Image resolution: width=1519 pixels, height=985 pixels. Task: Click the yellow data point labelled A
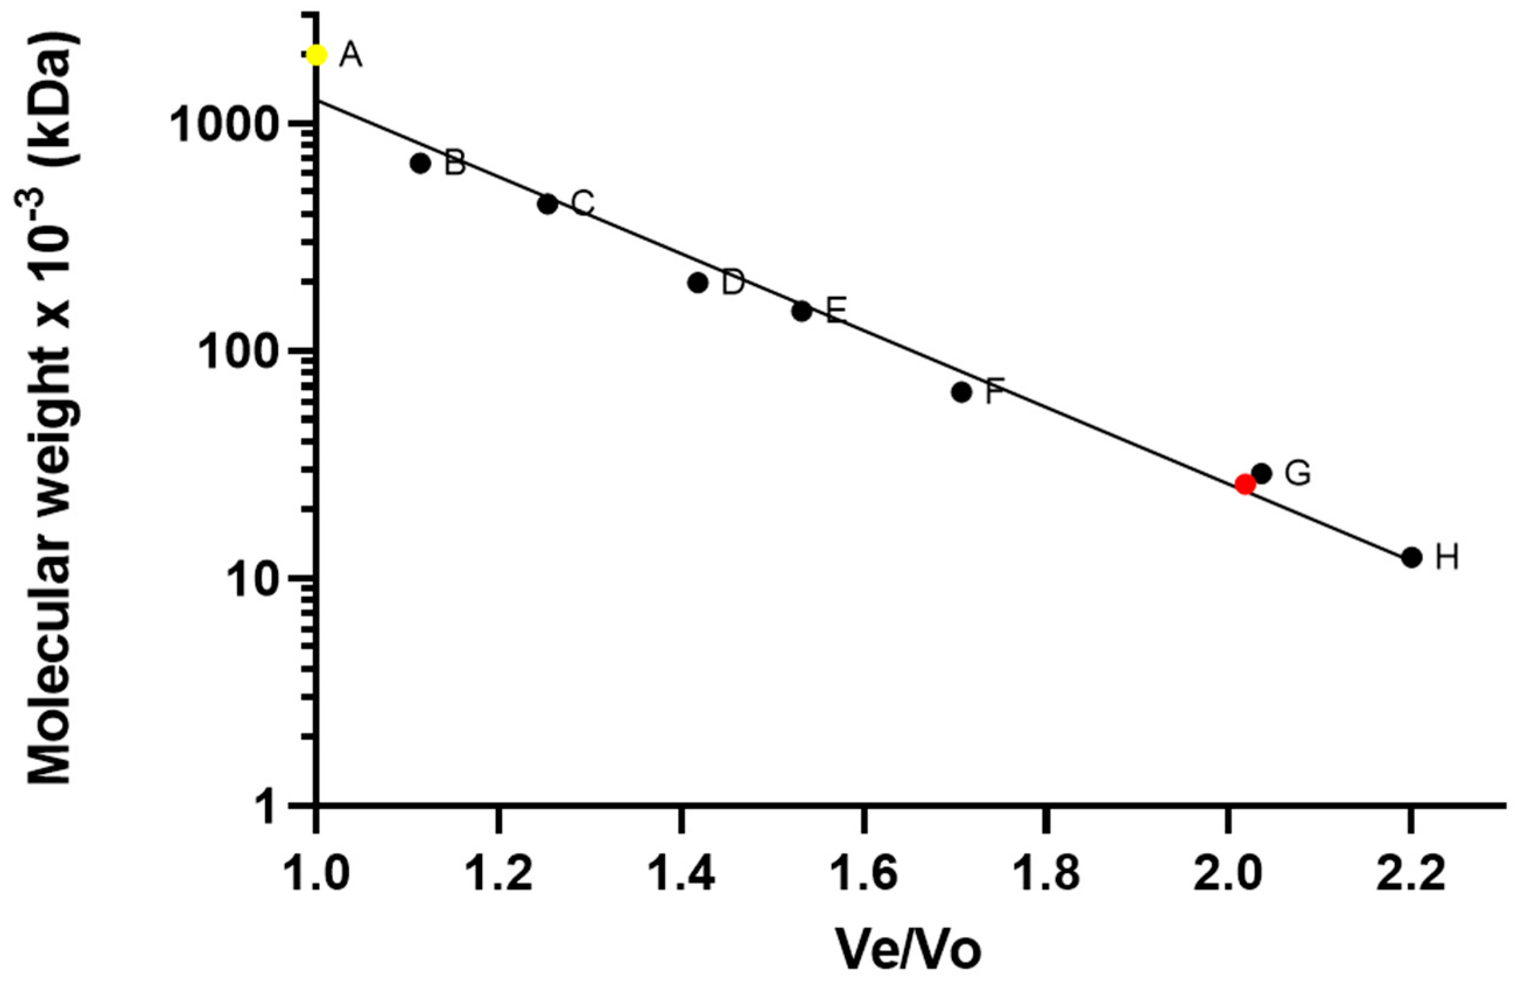317,55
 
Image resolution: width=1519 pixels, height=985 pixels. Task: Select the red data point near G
1245,484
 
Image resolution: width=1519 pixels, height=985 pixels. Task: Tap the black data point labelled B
420,163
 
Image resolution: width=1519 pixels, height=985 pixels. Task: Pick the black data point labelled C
547,204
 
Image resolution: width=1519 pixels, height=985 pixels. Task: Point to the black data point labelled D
698,283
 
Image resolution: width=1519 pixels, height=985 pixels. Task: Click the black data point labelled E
802,311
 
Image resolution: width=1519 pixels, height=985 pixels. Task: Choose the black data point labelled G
1262,473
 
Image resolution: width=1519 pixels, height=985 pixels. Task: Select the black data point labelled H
1412,557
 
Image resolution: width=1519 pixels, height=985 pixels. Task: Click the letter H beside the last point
1447,558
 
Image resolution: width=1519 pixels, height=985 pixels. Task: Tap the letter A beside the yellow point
350,56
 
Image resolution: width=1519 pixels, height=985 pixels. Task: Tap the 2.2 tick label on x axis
1411,873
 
